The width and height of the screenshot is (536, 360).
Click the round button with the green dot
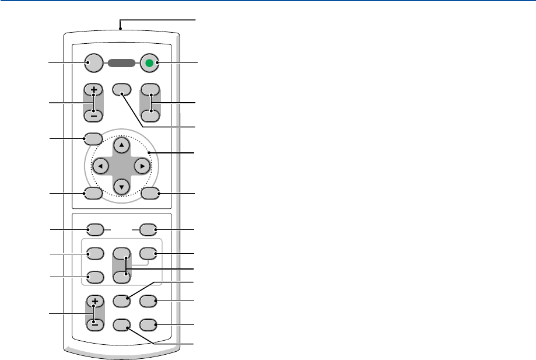pos(149,63)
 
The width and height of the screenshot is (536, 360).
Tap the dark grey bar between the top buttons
pos(121,63)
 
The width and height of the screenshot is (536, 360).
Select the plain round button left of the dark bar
pos(93,63)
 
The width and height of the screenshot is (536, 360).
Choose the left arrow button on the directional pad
pos(101,166)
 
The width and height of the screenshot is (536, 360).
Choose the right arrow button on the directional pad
pos(141,166)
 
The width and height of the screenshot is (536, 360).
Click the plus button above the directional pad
pos(93,91)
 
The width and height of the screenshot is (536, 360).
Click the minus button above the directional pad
pos(93,116)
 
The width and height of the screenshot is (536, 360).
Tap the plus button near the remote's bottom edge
pos(93,302)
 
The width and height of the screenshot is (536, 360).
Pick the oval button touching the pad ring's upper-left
pos(93,139)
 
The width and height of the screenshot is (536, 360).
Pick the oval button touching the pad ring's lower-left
pos(93,193)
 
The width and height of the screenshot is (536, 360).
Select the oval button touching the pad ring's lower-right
pos(149,193)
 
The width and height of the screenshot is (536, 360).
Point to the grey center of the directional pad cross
pos(121,166)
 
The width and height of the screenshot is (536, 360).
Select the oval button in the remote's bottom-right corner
pos(149,324)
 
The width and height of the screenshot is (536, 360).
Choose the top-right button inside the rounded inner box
pos(149,254)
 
